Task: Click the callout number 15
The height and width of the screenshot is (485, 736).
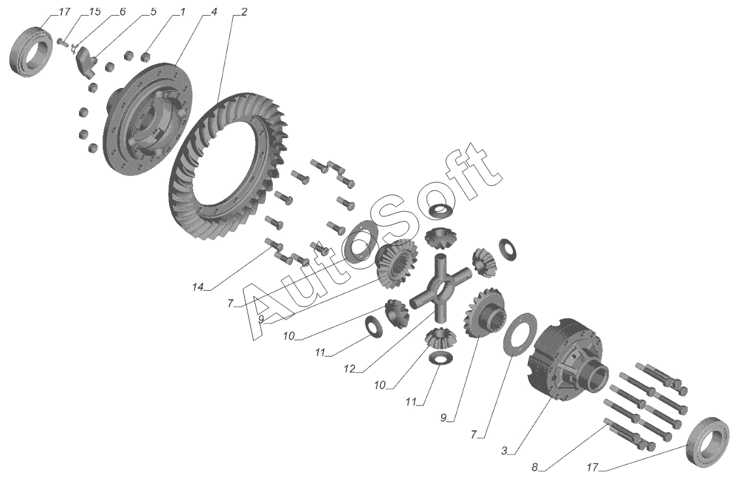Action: pyautogui.click(x=95, y=12)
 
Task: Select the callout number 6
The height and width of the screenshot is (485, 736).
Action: pyautogui.click(x=123, y=12)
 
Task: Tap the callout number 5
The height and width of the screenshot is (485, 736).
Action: pyautogui.click(x=153, y=12)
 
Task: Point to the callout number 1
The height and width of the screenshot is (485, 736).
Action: pyautogui.click(x=183, y=12)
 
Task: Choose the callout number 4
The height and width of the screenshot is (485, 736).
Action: pyautogui.click(x=213, y=12)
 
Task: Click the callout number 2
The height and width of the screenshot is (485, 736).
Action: pyautogui.click(x=243, y=12)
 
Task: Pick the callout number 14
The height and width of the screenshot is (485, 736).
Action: pyautogui.click(x=198, y=287)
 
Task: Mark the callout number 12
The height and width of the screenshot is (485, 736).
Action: pyautogui.click(x=351, y=369)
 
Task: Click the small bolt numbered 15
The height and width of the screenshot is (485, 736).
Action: pyautogui.click(x=63, y=42)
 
